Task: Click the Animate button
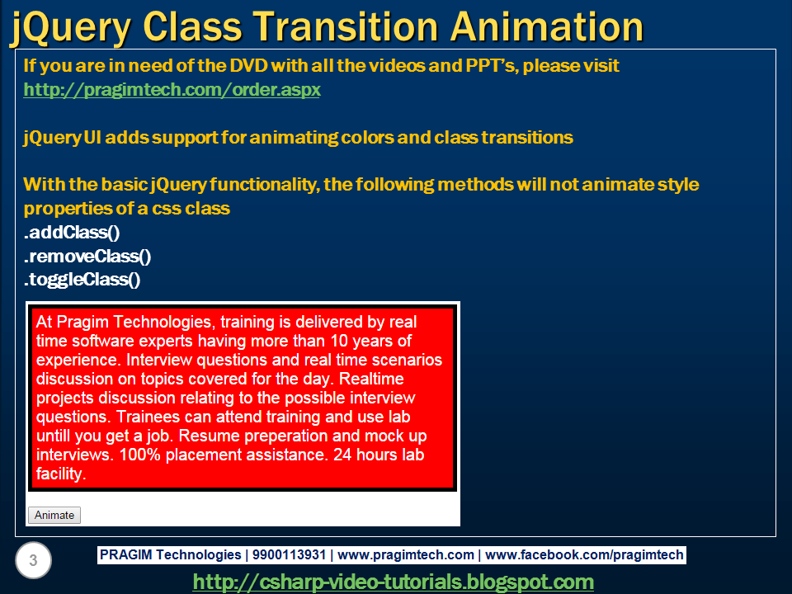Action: [x=54, y=516]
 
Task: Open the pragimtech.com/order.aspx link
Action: [x=172, y=90]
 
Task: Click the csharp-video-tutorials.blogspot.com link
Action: [x=393, y=582]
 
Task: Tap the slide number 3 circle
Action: [x=33, y=562]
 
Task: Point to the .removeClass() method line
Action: [x=87, y=257]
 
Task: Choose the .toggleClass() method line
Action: [x=82, y=280]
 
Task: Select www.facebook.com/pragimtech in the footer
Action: [x=584, y=555]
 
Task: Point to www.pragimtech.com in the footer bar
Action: [x=406, y=555]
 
